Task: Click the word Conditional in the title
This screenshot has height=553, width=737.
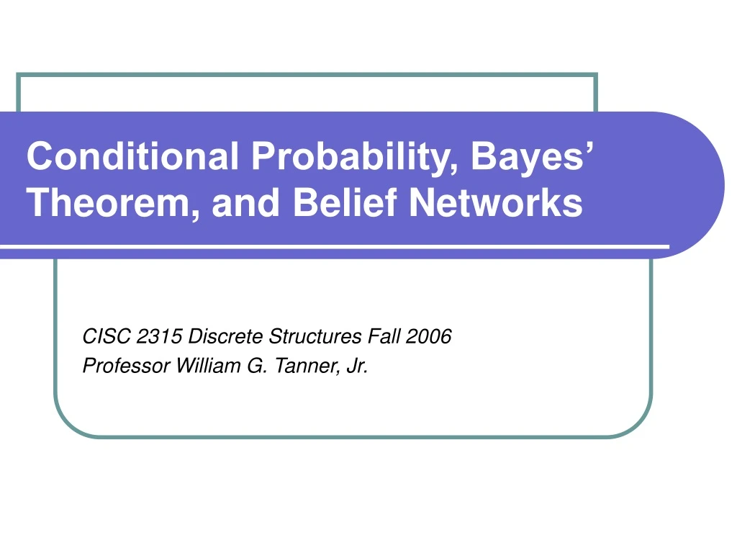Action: (132, 156)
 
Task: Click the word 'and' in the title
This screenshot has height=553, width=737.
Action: (246, 202)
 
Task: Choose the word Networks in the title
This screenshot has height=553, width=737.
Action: (496, 202)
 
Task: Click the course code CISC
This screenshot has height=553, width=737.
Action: (107, 336)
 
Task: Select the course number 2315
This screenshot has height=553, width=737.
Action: (159, 336)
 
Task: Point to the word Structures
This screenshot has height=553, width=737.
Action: (315, 336)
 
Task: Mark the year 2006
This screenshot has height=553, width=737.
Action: (428, 336)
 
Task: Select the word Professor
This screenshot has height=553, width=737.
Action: (126, 366)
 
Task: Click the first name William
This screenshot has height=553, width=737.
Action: (208, 365)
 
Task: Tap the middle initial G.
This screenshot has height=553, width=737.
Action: (257, 366)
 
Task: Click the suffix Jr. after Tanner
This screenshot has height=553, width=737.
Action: (357, 366)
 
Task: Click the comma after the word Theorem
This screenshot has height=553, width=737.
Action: (195, 215)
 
